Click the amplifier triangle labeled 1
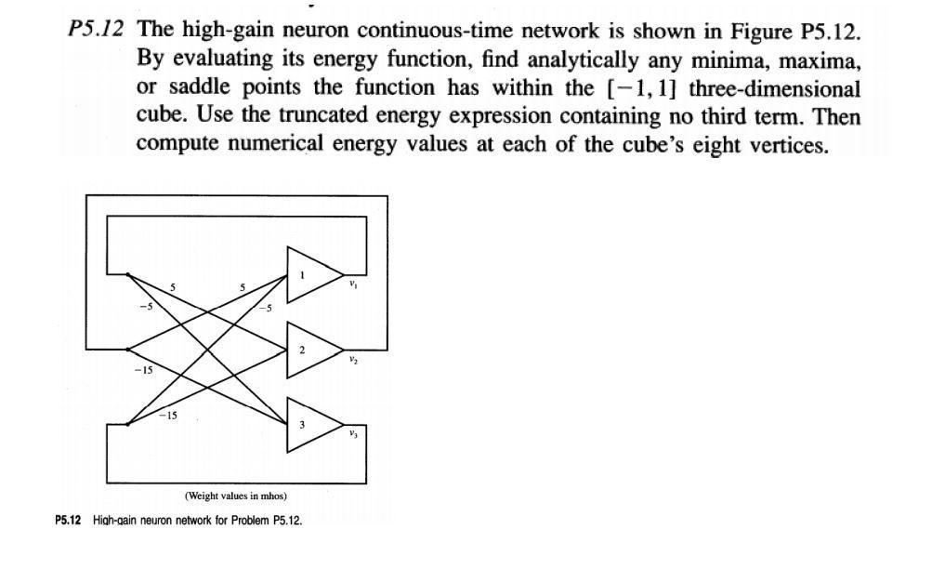[x=308, y=275]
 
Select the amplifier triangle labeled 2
[x=308, y=351]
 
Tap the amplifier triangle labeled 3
[x=308, y=425]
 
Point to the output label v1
[x=353, y=284]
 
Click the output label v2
[x=353, y=359]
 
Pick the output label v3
[x=353, y=434]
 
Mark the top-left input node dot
[x=128, y=274]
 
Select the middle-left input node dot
[x=128, y=350]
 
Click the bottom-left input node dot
[x=128, y=424]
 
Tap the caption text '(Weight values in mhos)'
[x=235, y=496]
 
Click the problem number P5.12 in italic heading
[x=96, y=30]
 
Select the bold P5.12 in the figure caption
[x=70, y=520]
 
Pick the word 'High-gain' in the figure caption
[x=114, y=520]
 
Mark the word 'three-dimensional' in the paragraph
[x=774, y=89]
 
